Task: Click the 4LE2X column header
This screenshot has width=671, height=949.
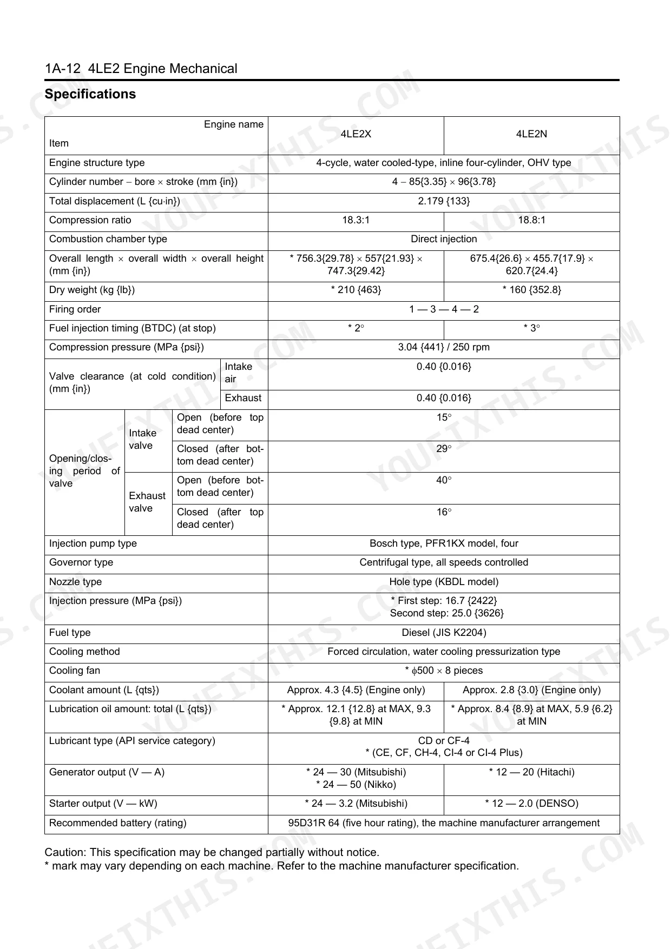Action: (356, 134)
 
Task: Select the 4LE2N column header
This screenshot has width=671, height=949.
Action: (531, 134)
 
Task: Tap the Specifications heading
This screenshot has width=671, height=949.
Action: (90, 94)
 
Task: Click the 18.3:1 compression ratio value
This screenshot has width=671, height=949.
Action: (356, 220)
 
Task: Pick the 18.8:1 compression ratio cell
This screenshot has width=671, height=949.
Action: (531, 220)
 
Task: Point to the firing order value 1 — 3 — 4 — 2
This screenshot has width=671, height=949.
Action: (444, 309)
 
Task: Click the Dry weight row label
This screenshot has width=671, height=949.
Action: (92, 290)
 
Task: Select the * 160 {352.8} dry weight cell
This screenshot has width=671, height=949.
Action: (531, 290)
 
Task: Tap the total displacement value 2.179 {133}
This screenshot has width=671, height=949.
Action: (444, 201)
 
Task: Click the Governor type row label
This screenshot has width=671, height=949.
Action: (81, 562)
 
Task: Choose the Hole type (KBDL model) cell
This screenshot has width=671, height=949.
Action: (444, 582)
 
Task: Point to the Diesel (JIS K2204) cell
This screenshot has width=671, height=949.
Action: (444, 633)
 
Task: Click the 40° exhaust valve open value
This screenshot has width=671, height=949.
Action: (444, 480)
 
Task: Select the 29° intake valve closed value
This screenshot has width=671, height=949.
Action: (444, 449)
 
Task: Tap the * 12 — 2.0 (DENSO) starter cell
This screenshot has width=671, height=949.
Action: (531, 804)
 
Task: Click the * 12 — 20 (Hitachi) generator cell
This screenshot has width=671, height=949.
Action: (531, 772)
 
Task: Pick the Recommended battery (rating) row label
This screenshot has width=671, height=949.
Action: (117, 823)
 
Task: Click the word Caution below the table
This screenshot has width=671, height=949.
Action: (65, 852)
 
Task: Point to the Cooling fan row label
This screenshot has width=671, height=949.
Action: (75, 671)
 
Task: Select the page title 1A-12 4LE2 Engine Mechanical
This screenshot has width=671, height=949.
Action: (141, 69)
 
